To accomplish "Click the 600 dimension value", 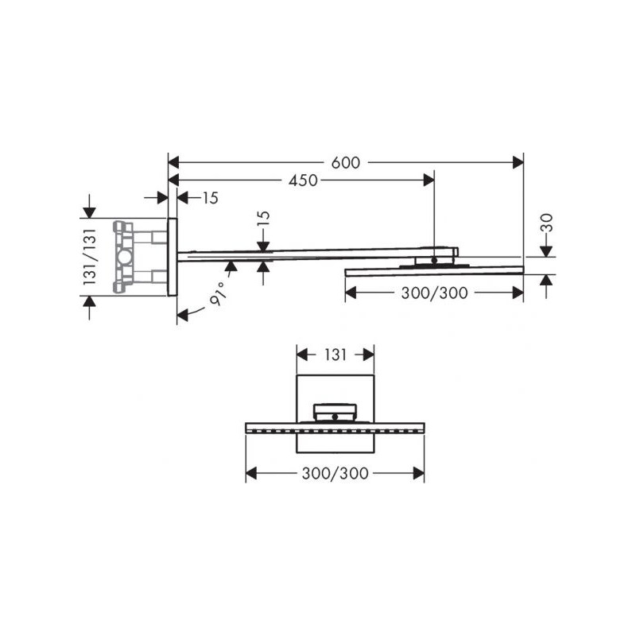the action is point(346,163).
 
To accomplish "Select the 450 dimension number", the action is point(303,180).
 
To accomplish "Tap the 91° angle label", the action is point(218,293).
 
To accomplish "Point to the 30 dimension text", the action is point(547,223).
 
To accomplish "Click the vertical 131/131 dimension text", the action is point(90,257).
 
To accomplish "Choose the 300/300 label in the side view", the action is point(434,293).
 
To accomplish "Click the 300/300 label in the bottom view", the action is point(335,473).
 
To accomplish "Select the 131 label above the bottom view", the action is point(335,355).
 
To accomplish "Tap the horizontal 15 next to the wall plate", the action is point(211,198).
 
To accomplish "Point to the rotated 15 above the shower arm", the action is point(264,221).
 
